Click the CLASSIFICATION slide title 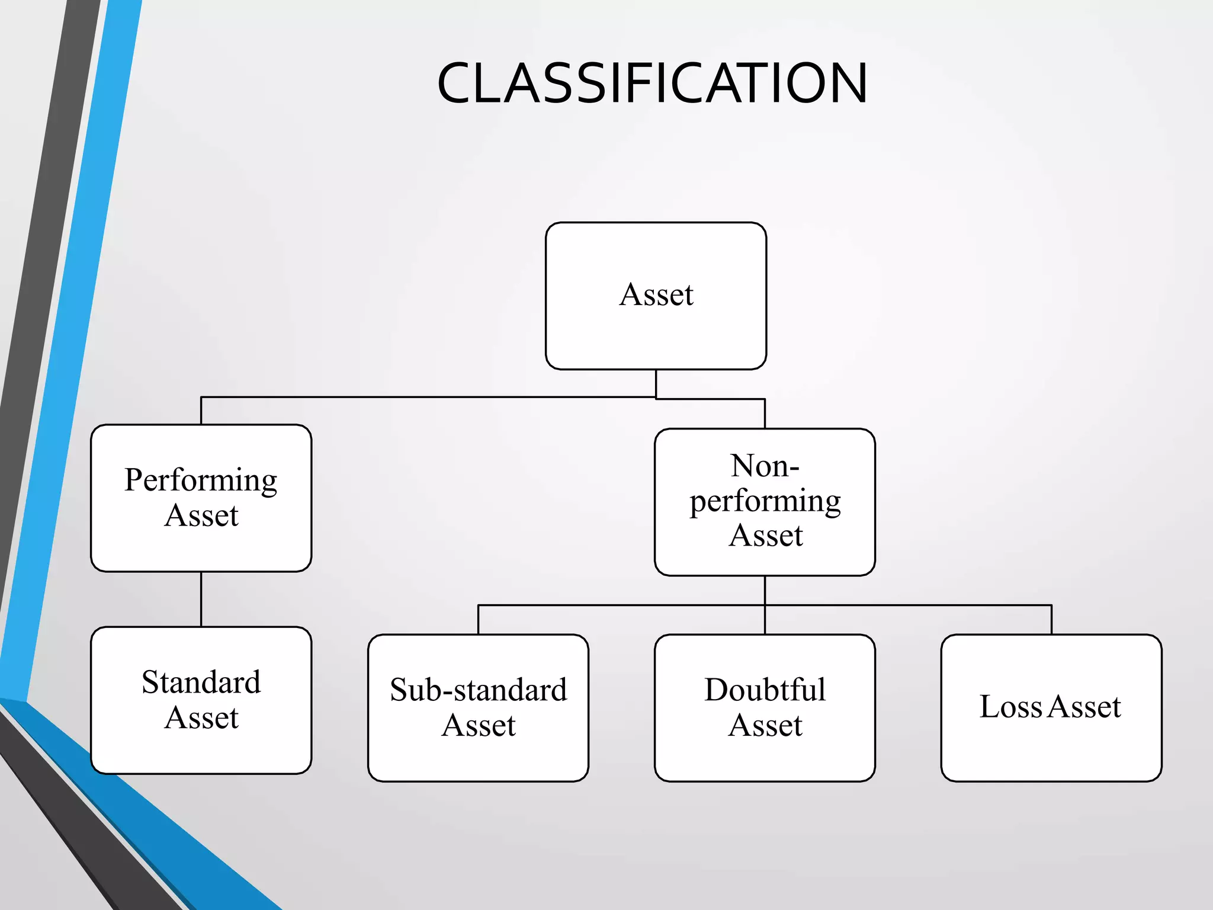(652, 84)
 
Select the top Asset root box (656, 332)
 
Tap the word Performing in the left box (201, 480)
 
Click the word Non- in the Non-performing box (765, 466)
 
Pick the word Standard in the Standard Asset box (201, 682)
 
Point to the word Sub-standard (478, 690)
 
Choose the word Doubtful (765, 690)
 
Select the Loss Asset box (1051, 752)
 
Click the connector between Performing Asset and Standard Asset (201, 599)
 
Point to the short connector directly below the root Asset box (656, 383)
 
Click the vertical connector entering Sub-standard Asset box (479, 620)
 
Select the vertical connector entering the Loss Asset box (1051, 620)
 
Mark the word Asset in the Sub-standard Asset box (479, 726)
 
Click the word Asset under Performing (201, 515)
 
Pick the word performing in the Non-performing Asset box (765, 502)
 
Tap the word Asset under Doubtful (765, 726)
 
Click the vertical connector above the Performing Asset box (201, 411)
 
